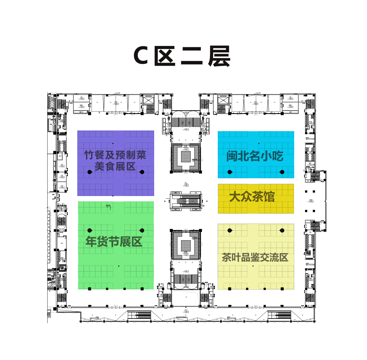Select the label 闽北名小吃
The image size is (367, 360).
tap(255, 157)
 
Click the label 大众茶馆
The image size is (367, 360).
tap(252, 197)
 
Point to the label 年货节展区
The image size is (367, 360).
tap(114, 242)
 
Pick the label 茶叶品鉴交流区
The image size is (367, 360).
tap(255, 258)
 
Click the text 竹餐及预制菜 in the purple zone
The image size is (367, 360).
tap(115, 155)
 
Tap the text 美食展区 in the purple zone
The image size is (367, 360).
tap(115, 167)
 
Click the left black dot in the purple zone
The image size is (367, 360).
tap(90, 172)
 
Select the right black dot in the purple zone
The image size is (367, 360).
tap(142, 172)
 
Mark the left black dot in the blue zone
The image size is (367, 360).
tap(230, 172)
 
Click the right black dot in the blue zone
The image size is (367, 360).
tap(282, 172)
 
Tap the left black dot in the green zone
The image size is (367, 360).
tap(90, 230)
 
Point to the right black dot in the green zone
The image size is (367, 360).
tap(142, 230)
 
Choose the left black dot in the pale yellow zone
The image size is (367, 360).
tap(230, 231)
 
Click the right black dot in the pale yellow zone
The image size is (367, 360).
tap(282, 231)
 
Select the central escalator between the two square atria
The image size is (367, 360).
tap(186, 201)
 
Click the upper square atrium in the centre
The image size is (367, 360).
tap(186, 157)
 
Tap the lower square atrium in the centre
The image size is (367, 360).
tap(186, 245)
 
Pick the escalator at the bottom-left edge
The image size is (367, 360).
tap(139, 315)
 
